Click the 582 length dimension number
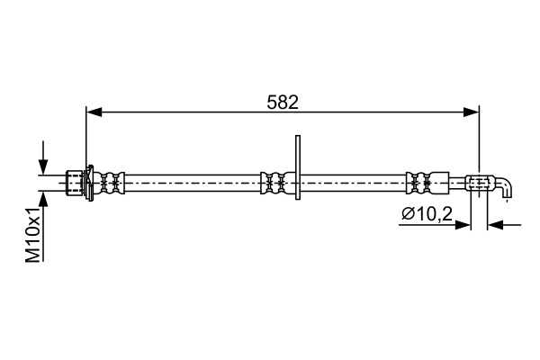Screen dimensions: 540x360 point(283,103)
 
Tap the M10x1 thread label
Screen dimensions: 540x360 point(33,235)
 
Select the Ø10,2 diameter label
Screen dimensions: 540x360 point(427,214)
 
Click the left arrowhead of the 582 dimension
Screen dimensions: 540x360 point(94,112)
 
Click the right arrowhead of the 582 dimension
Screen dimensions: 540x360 point(471,112)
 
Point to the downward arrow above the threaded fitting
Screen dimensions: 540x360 point(43,157)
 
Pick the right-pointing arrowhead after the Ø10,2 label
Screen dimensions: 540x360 point(463,225)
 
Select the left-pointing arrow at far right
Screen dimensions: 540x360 point(505,225)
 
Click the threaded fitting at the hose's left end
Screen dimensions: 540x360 point(75,183)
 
